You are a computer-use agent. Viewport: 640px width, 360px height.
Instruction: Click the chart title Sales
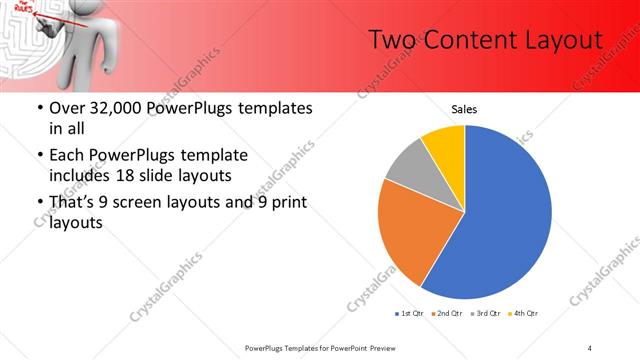465,109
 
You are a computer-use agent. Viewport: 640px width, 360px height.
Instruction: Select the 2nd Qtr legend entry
447,314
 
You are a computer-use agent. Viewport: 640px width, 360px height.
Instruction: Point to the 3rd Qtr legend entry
485,314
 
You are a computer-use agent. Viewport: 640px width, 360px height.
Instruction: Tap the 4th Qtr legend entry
523,314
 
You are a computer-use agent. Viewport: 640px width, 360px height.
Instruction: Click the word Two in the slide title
389,40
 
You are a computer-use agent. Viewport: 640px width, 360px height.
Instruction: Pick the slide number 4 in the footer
590,347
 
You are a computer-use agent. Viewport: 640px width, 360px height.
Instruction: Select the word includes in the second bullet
83,174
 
